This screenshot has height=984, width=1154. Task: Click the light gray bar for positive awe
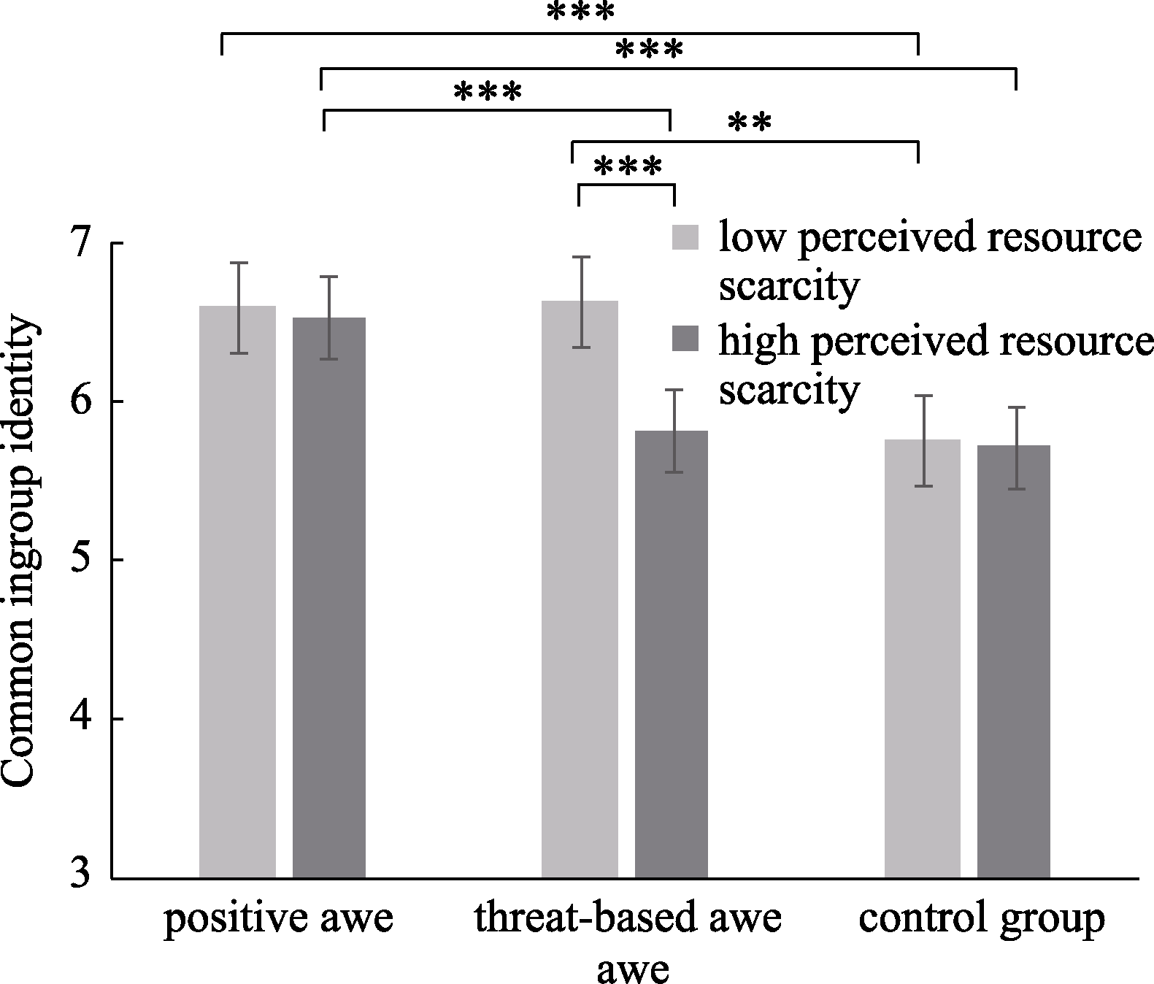point(237,591)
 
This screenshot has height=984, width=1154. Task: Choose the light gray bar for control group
point(923,658)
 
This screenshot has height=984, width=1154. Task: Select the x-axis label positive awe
point(279,918)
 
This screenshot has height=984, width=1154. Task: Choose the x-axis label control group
point(982,918)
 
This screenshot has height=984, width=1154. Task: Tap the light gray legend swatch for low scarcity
point(685,237)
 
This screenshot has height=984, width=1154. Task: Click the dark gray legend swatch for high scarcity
point(685,339)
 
